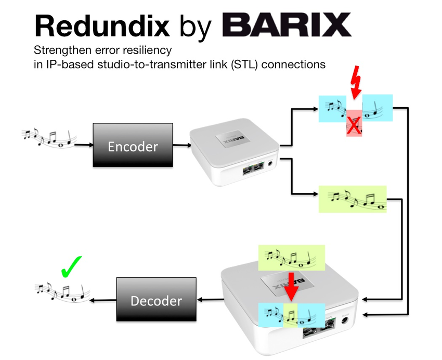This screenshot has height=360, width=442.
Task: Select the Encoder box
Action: click(x=132, y=146)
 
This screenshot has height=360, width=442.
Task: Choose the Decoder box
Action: click(x=156, y=301)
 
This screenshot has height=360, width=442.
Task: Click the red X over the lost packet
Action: click(x=355, y=125)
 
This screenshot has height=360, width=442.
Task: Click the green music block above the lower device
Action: click(x=292, y=257)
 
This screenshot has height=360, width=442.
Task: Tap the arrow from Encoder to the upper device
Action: click(x=180, y=147)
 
